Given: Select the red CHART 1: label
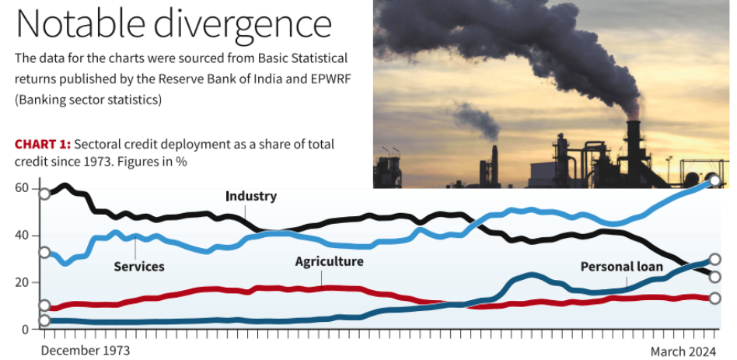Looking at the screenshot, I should pos(43,145).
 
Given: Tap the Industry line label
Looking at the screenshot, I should pos(250,196).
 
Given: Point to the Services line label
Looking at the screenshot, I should pos(139,266).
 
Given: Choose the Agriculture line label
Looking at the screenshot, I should pos(329,261).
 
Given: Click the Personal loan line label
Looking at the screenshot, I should pos(622,267).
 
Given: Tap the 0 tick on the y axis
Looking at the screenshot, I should pos(25,330).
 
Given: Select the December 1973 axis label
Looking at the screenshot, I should pos(86,351).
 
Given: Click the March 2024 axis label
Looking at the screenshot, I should pos(683,351).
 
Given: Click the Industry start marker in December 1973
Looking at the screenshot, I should pos(44,194).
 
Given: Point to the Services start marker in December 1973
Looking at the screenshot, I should pos(44,252).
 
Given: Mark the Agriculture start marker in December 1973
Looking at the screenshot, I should pos(44,306).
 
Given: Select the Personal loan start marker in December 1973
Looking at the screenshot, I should pos(44,320).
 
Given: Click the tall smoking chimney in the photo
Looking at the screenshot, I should pos(634,140).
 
